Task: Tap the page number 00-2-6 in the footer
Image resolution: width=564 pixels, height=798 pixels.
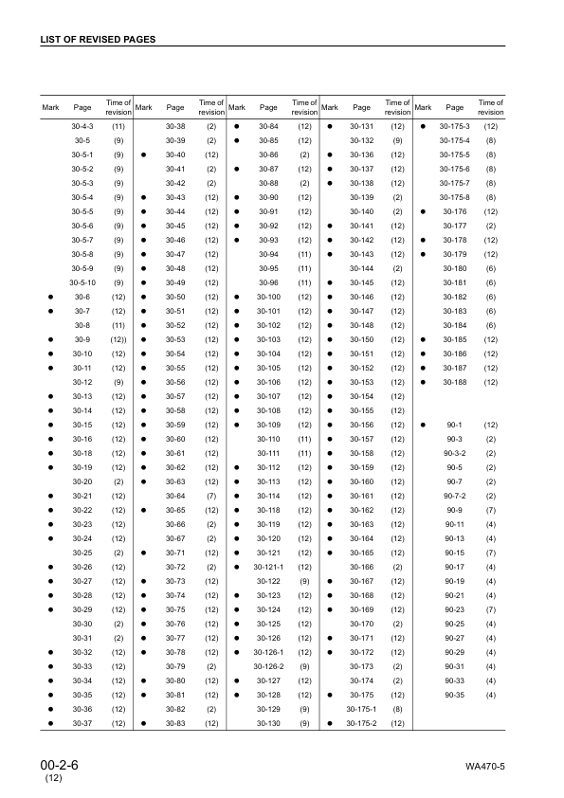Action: coord(60,764)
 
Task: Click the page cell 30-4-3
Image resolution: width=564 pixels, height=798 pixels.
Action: coord(82,126)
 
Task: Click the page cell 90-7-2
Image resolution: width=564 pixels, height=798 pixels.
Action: coord(455,496)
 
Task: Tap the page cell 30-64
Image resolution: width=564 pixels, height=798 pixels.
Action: coord(175,496)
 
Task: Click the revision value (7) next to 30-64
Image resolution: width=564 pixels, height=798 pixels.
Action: coord(211,496)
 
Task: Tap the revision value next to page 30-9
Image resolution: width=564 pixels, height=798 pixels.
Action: coord(119,339)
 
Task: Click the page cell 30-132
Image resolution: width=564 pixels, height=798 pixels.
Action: coord(361,140)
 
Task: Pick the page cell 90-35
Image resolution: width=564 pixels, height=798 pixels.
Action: coord(455,695)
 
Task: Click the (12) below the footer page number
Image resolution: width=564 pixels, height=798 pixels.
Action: coord(53,779)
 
